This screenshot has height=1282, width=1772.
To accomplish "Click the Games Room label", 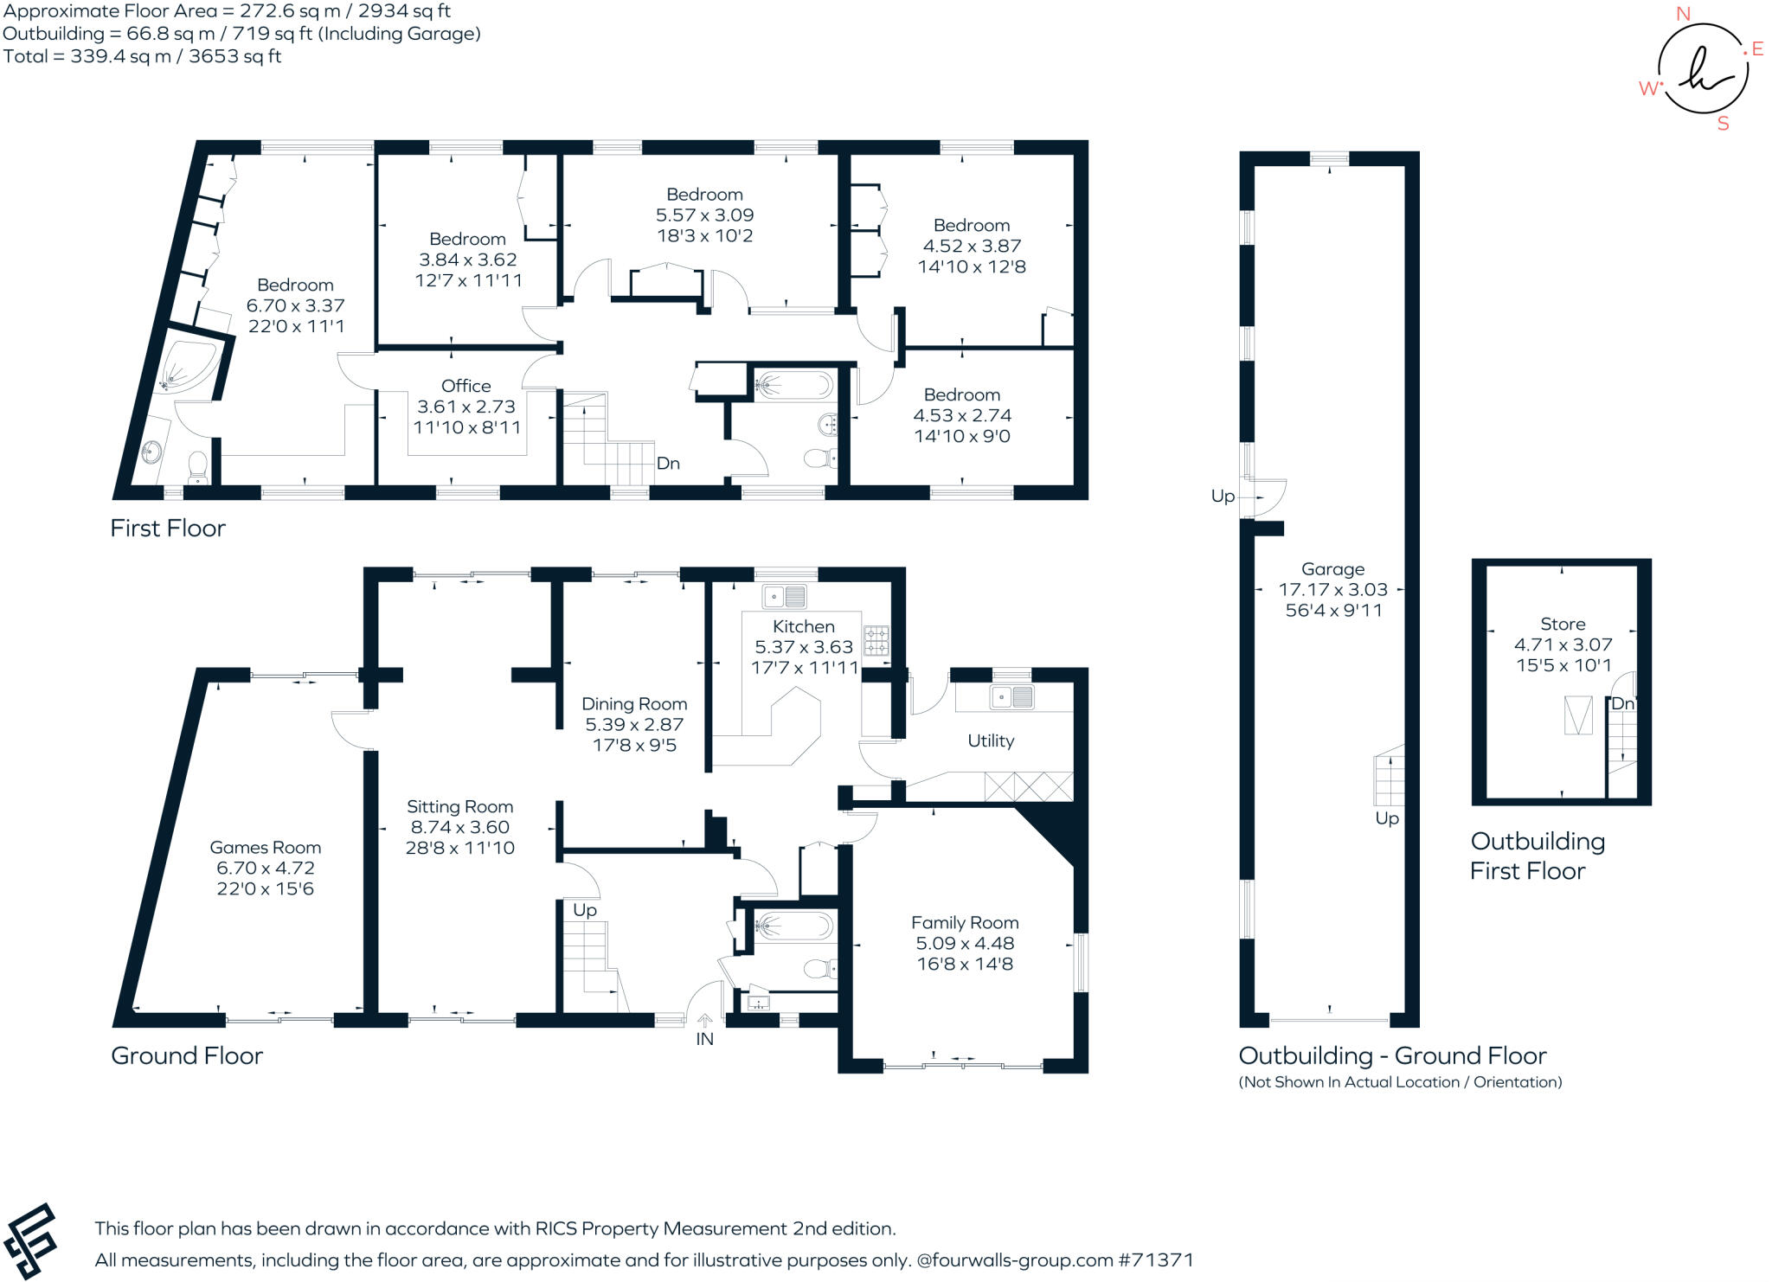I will (x=265, y=848).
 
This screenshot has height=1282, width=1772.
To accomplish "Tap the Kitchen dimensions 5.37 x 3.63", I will (x=804, y=647).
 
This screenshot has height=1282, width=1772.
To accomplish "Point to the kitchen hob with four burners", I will (x=876, y=640).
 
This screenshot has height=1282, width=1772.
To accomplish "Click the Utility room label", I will (x=991, y=740).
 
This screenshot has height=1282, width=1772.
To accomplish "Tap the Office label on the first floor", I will (x=465, y=386).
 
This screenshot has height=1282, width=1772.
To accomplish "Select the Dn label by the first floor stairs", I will (x=668, y=464).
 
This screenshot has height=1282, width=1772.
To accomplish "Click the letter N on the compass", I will (x=1683, y=14).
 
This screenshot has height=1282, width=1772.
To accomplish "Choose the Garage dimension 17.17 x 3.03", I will (x=1332, y=590).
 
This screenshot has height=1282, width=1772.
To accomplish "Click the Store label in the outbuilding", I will (x=1563, y=624).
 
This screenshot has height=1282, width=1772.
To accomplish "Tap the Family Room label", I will (x=965, y=923).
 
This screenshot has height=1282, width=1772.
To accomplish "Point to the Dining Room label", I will (x=634, y=704).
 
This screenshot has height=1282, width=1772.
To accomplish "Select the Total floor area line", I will (x=143, y=56).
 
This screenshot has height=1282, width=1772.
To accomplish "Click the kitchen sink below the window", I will (x=785, y=597).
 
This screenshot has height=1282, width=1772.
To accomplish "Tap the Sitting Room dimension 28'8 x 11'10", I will (x=459, y=848).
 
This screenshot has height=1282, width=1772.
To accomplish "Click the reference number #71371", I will (x=1156, y=1260).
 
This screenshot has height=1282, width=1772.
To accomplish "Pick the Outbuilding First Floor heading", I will (x=1537, y=856).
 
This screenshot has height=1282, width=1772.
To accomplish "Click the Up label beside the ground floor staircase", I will (x=585, y=910).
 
